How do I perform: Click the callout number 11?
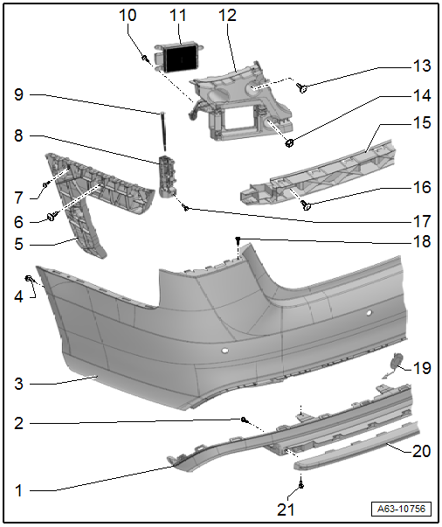click(x=177, y=16)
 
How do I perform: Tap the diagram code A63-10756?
click(x=401, y=509)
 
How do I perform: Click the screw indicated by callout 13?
click(x=302, y=88)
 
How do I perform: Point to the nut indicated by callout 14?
click(x=289, y=143)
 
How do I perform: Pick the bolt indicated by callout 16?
click(x=306, y=205)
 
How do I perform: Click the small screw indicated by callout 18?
click(x=238, y=239)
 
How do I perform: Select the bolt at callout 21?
click(x=301, y=485)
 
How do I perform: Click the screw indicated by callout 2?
click(x=245, y=420)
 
